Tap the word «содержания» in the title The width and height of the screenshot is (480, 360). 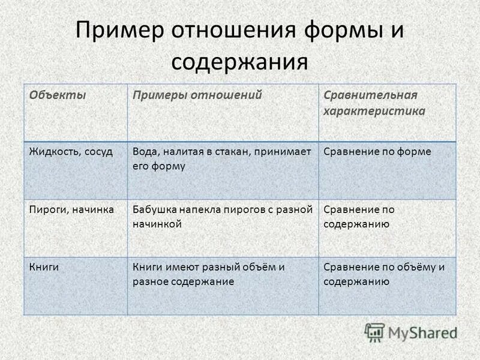tap(239, 62)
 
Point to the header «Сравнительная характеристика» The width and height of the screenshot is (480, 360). tap(374, 103)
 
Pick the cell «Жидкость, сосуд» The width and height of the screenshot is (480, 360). tap(71, 152)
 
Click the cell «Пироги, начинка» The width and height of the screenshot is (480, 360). tap(71, 209)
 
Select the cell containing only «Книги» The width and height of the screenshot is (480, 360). tap(44, 267)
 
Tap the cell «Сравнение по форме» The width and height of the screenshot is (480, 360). tap(377, 152)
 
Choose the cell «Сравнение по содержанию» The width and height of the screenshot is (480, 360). tap(359, 217)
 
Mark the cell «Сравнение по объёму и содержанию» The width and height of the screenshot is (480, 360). tap(384, 274)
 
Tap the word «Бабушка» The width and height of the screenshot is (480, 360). tap(154, 209)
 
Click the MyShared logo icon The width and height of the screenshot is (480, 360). tap(375, 332)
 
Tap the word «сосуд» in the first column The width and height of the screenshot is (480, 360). tap(100, 152)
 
